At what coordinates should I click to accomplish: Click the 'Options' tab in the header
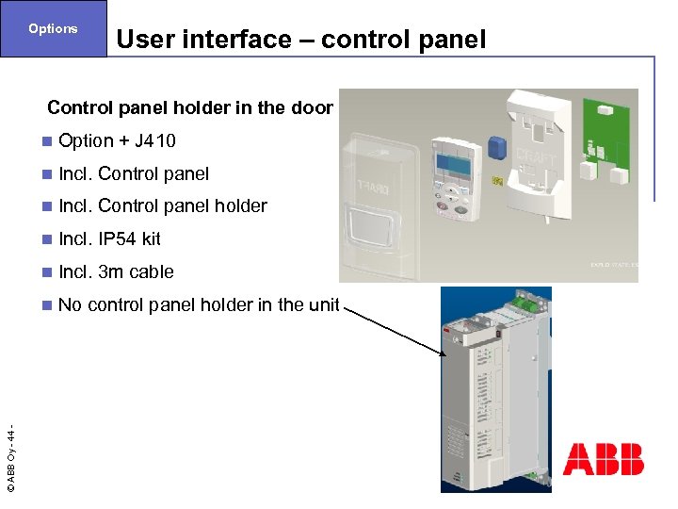[x=53, y=28]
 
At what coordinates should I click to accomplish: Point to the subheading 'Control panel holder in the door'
[x=189, y=107]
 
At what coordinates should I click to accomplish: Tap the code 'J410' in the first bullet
[x=155, y=141]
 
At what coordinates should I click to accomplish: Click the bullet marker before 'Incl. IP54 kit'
[x=47, y=239]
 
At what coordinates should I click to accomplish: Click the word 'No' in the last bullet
[x=70, y=304]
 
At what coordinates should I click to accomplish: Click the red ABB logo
[x=603, y=459]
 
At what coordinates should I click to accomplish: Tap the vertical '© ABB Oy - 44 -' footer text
[x=10, y=459]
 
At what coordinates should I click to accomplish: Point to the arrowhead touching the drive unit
[x=439, y=353]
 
